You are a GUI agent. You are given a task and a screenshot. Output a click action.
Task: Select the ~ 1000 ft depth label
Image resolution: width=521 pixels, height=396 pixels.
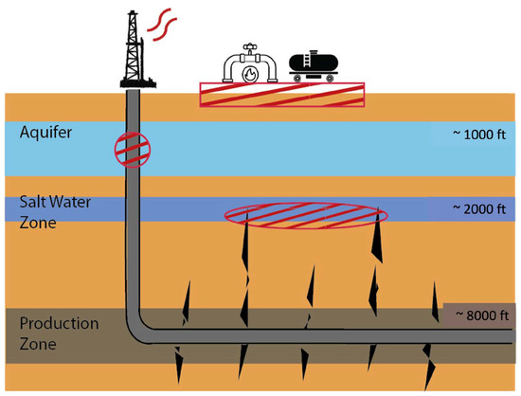click(x=481, y=135)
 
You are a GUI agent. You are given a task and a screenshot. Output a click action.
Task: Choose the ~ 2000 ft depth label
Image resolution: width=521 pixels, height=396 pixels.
click(x=481, y=207)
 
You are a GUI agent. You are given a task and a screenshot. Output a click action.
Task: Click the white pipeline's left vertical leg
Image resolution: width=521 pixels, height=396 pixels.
click(x=228, y=73)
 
